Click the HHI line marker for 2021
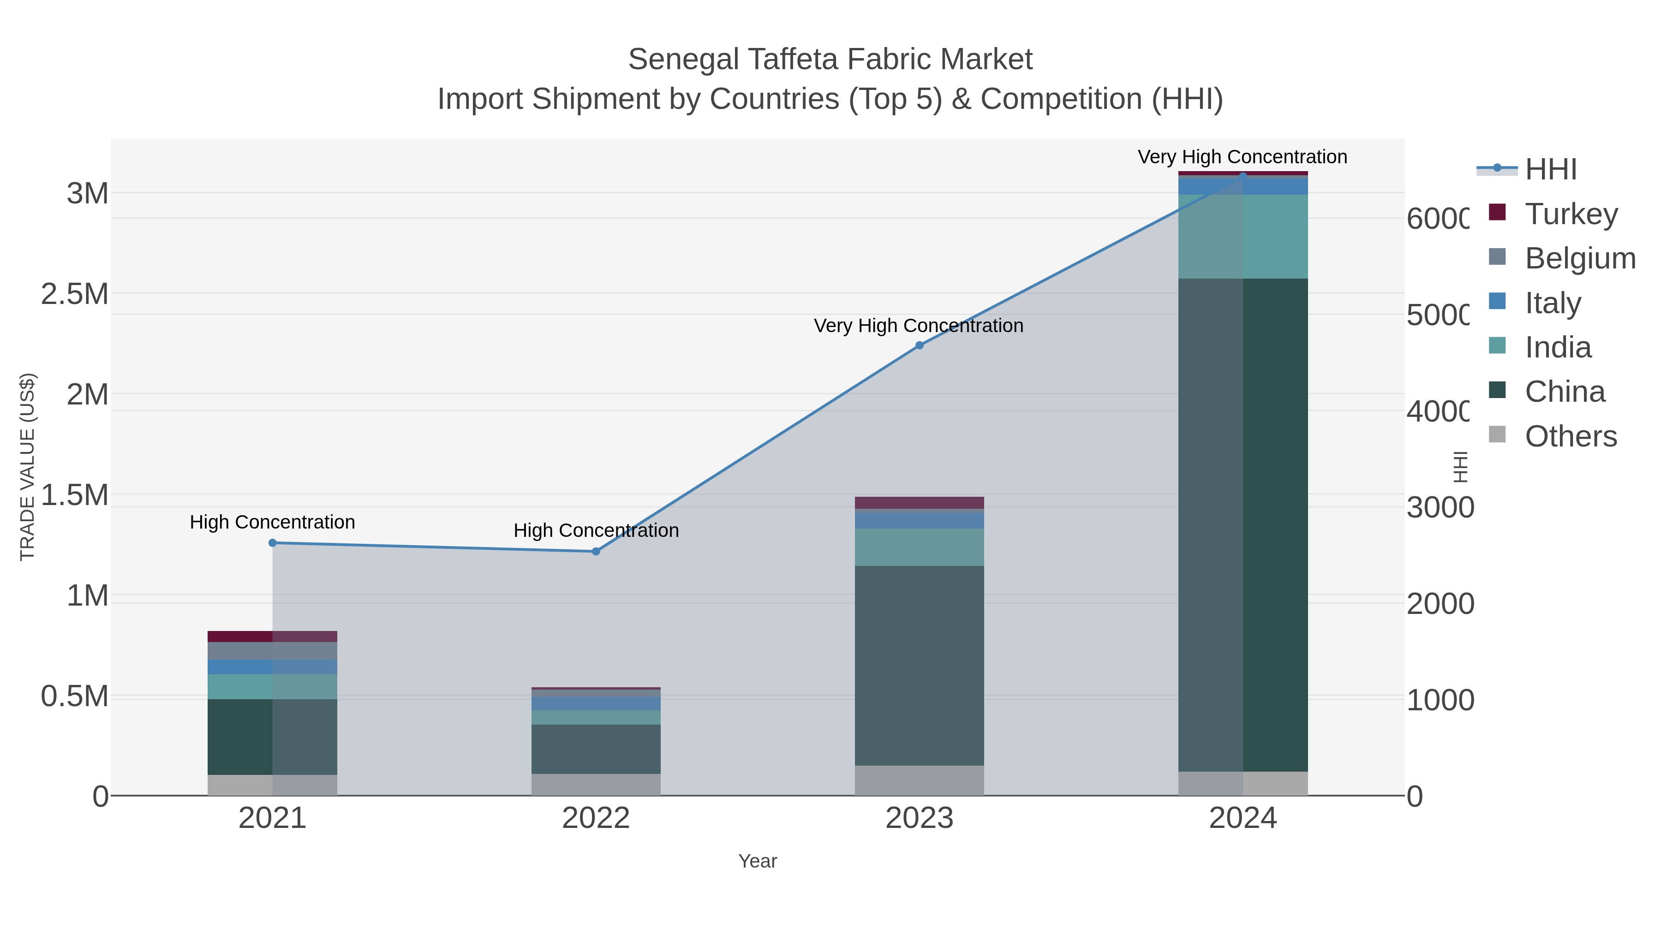(x=272, y=543)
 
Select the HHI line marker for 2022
(x=596, y=551)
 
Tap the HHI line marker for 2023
(x=920, y=345)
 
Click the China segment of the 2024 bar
(x=1243, y=525)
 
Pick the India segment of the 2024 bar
(x=1243, y=237)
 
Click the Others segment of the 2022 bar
(x=596, y=785)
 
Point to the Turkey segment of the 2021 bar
(x=272, y=636)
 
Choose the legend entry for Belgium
(x=1579, y=258)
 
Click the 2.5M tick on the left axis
(x=75, y=294)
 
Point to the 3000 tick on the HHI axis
(x=1439, y=507)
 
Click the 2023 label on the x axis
(x=920, y=818)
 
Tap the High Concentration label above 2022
(x=596, y=530)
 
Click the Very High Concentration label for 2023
(x=918, y=326)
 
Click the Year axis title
(x=757, y=861)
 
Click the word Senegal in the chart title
(x=683, y=59)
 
